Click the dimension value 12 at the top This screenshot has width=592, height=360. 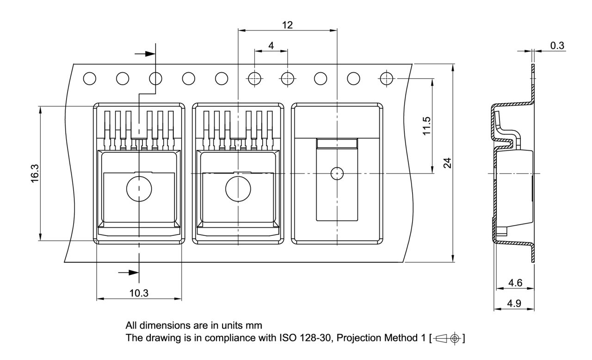coord(287,25)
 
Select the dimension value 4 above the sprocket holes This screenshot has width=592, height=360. coord(271,45)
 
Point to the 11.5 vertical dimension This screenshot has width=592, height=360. coord(426,125)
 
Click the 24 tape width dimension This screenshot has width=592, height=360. coord(447,163)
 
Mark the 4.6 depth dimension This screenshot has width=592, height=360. coord(515,282)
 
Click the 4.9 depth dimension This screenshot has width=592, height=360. coord(515,304)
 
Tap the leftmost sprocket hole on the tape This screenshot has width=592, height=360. coord(90,79)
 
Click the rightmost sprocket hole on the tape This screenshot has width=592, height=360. coord(386,79)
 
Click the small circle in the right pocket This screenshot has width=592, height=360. coord(337,173)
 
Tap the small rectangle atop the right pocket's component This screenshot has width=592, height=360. coord(337,143)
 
